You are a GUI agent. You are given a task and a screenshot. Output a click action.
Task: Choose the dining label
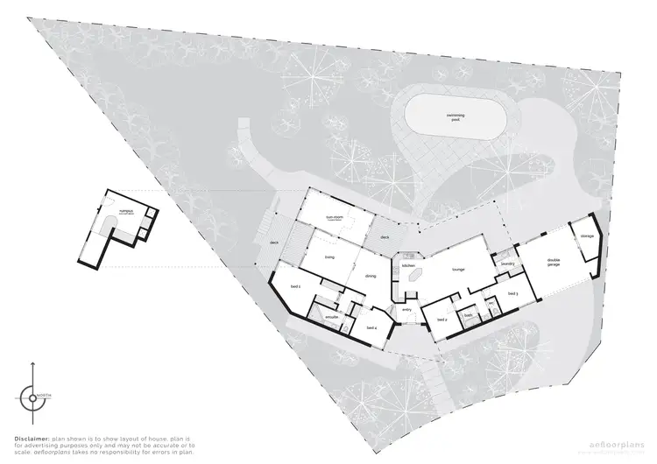tap(371, 276)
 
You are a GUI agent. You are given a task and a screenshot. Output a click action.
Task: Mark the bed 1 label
tap(295, 286)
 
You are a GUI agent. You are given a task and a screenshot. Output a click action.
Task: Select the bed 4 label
tap(371, 327)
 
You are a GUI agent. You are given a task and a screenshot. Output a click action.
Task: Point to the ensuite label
tap(332, 316)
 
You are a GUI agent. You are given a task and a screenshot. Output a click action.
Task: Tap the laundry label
tap(506, 263)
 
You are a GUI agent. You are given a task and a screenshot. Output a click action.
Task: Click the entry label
tap(406, 309)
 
